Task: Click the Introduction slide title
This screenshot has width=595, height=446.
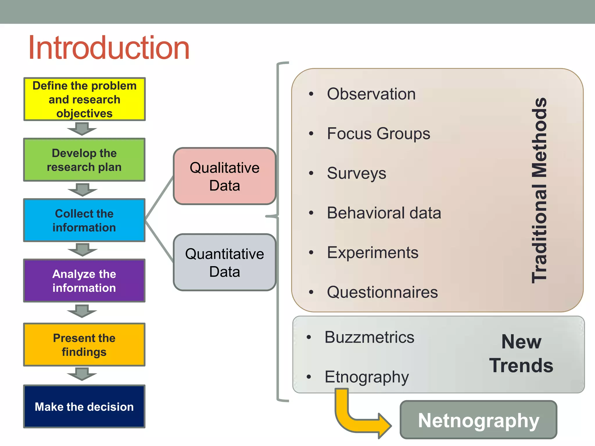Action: (x=109, y=48)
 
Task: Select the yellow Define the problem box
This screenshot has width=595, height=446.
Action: (x=84, y=99)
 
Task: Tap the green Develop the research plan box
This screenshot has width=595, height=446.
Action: (x=84, y=160)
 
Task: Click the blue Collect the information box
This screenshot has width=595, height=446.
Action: (x=84, y=220)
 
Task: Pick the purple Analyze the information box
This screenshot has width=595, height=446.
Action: (x=84, y=281)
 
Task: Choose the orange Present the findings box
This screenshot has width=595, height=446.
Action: (x=84, y=345)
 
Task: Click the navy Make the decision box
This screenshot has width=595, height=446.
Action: (x=84, y=407)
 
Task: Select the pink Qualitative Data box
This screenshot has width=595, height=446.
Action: (x=225, y=176)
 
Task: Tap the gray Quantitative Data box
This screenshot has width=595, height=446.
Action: (x=225, y=262)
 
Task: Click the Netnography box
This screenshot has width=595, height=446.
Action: (x=478, y=420)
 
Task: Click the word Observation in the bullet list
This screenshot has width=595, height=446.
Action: (x=371, y=94)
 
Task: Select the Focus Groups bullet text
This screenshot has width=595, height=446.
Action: (x=379, y=134)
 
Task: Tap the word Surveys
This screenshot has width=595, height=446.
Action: (x=356, y=173)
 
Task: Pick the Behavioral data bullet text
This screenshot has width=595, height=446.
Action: (x=384, y=213)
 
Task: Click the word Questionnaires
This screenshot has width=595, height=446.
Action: (x=382, y=292)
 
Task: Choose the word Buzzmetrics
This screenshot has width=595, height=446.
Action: (x=369, y=337)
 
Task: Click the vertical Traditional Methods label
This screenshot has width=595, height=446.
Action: (x=539, y=190)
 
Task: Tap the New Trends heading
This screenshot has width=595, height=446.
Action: (x=521, y=353)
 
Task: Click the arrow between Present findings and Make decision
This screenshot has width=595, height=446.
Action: (x=82, y=374)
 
